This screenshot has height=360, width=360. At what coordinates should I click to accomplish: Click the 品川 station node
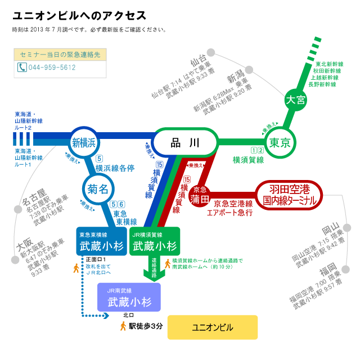point(185,143)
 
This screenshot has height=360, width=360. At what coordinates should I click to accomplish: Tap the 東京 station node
point(280,143)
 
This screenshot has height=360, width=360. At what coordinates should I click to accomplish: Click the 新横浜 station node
point(84,142)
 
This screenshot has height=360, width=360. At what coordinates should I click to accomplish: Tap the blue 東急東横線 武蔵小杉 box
point(101,241)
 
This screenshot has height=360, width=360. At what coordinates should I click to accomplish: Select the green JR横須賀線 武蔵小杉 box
point(154,241)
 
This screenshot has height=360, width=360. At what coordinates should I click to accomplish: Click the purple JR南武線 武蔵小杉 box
point(129,297)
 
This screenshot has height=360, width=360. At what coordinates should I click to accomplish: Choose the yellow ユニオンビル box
point(212,327)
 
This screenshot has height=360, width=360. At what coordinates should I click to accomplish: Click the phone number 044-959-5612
point(52,67)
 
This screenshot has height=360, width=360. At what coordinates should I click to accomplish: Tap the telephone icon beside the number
point(22,67)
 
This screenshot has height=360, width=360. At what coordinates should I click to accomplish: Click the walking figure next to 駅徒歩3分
point(123,326)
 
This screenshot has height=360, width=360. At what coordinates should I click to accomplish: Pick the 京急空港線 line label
point(233,203)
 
